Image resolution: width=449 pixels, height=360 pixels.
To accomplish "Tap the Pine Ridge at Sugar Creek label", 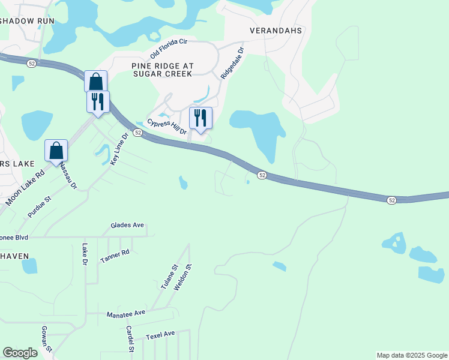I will [x=161, y=68].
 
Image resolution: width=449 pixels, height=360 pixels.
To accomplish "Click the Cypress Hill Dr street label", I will [x=167, y=126].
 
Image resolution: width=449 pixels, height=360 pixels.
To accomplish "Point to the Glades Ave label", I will [x=127, y=225].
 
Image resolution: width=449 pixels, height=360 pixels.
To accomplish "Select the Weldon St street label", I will [x=181, y=277].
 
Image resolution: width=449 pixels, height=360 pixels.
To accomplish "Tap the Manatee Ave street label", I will [x=126, y=314].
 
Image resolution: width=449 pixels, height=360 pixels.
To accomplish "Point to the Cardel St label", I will [x=130, y=339].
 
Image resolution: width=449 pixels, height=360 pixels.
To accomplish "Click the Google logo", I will [x=20, y=353].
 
